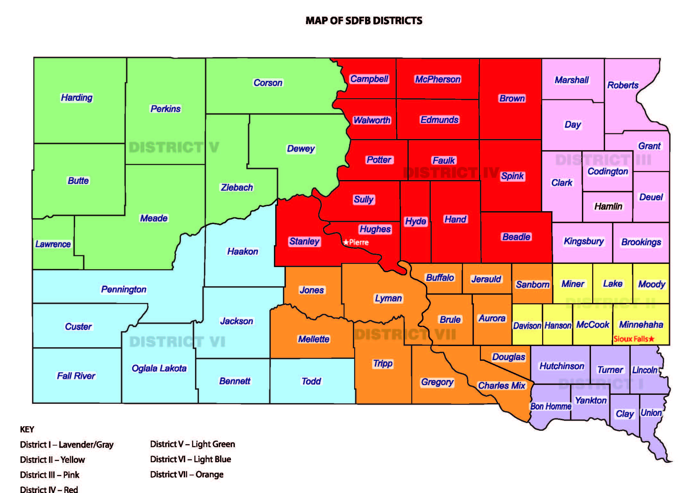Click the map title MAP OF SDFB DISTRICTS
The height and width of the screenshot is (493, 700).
[364, 21]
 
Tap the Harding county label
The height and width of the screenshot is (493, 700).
[77, 97]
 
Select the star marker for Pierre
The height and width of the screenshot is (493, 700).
[346, 242]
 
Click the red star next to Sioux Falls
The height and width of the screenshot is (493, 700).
[652, 339]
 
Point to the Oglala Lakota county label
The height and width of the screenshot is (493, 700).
[159, 368]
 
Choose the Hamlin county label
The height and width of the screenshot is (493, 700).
[608, 206]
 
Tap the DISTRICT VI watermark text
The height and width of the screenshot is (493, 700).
[177, 342]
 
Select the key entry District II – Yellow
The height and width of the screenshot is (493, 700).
[52, 460]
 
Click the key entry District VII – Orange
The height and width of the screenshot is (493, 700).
[187, 474]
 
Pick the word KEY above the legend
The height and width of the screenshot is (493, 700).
[27, 429]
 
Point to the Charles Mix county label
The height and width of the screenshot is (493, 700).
[501, 385]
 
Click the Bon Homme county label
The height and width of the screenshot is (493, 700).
[551, 406]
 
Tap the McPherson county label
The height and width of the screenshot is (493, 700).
[438, 79]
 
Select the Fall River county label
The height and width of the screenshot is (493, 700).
[76, 376]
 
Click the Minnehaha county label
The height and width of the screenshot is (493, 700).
[641, 324]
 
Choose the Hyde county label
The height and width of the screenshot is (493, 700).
[415, 221]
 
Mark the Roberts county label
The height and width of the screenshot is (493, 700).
[623, 85]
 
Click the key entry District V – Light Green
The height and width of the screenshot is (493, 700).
[192, 444]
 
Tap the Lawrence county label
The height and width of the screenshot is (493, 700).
[53, 244]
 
